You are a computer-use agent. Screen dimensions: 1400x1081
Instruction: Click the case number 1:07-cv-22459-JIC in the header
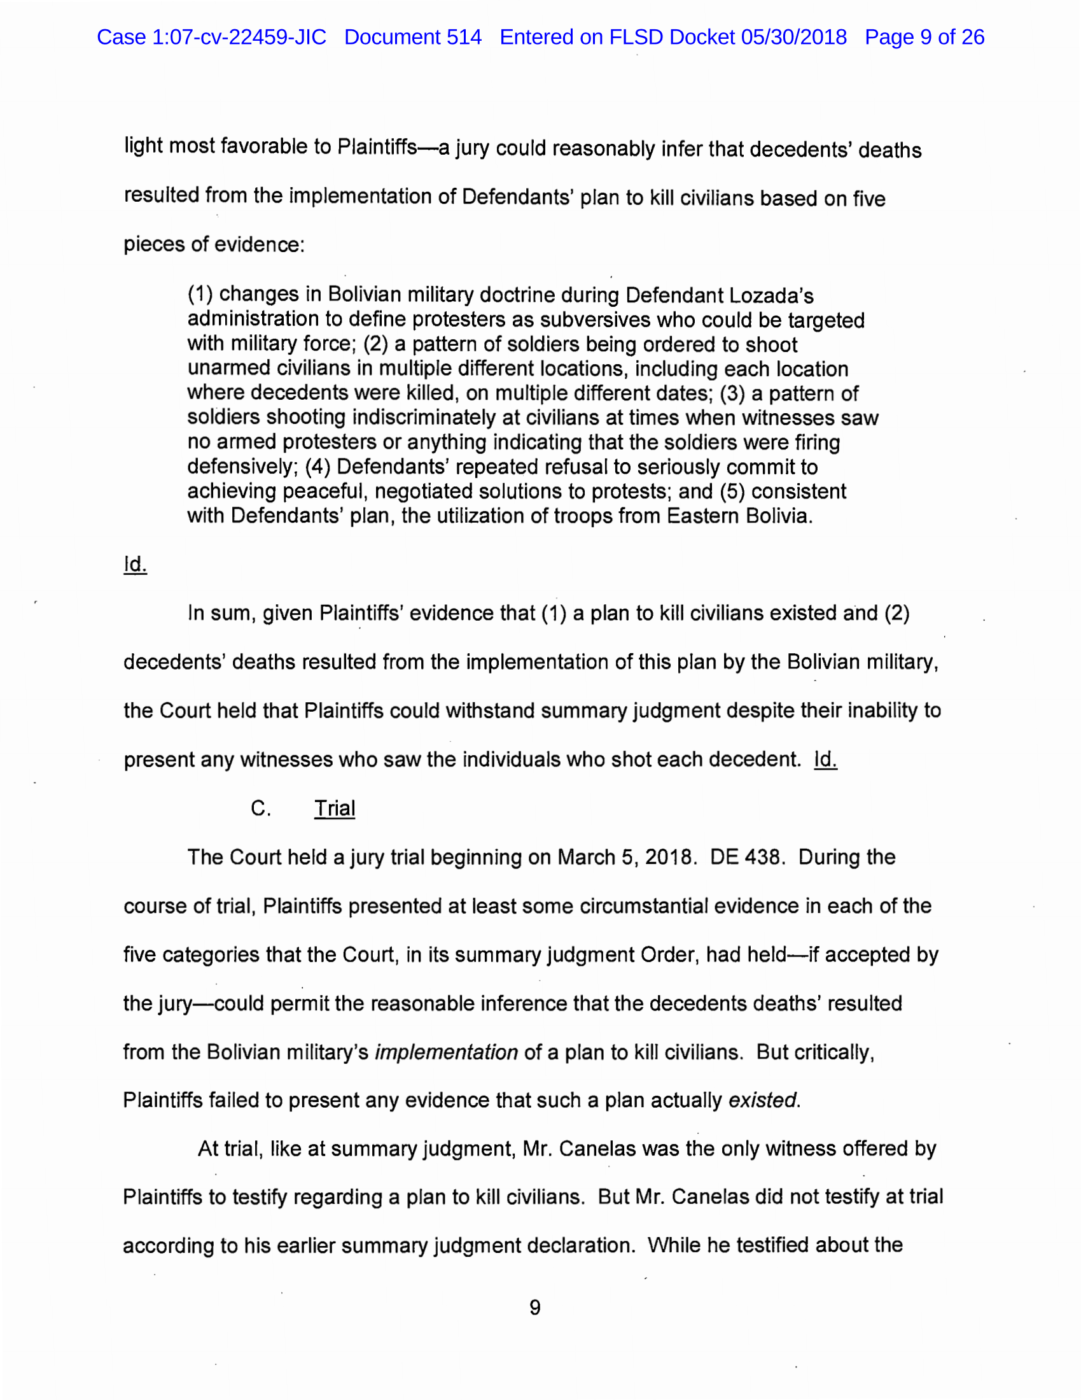pyautogui.click(x=239, y=37)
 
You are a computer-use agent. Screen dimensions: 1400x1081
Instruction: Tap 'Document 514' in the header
pyautogui.click(x=413, y=37)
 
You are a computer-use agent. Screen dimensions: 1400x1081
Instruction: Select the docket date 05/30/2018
pyautogui.click(x=794, y=37)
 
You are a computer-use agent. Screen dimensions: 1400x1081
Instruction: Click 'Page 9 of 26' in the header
pyautogui.click(x=924, y=37)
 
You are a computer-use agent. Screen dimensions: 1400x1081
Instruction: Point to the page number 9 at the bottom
pyautogui.click(x=535, y=1307)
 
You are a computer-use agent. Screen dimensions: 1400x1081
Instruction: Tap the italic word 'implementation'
pyautogui.click(x=446, y=1052)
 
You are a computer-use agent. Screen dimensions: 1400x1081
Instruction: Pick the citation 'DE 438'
pyautogui.click(x=746, y=857)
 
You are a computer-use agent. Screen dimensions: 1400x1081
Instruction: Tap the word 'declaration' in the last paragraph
pyautogui.click(x=580, y=1245)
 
